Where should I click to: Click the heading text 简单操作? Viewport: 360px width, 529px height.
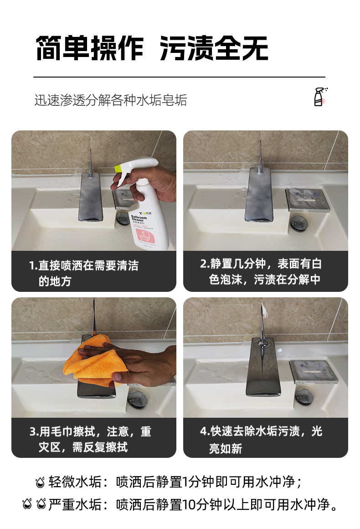click(x=89, y=48)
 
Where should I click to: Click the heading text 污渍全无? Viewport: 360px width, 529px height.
click(x=214, y=48)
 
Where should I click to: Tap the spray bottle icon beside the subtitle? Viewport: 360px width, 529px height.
click(x=320, y=97)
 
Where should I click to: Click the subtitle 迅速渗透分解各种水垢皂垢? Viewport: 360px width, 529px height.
click(x=111, y=100)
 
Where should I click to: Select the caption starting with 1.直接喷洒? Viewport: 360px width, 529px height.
click(x=84, y=273)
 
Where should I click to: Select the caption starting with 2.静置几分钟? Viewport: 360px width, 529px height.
click(x=261, y=272)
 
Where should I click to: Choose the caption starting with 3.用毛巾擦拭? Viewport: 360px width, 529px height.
click(x=90, y=439)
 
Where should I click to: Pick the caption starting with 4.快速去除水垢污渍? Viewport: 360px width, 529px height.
click(x=261, y=439)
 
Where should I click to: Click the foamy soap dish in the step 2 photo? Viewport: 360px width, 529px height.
click(x=307, y=197)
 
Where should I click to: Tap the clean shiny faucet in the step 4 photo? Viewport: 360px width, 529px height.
click(x=264, y=365)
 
